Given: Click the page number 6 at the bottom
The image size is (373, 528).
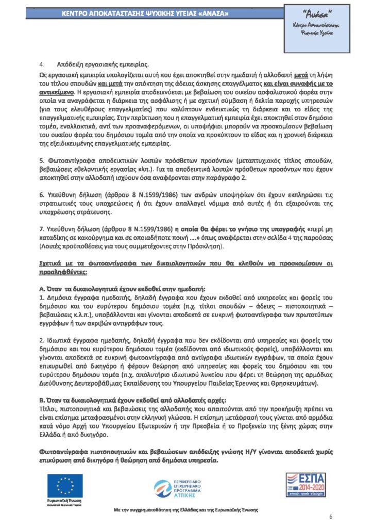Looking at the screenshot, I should (x=331, y=517).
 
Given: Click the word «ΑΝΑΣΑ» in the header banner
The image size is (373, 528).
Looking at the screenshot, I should (x=211, y=12).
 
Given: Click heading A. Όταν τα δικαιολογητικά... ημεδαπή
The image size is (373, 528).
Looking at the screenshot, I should (x=122, y=290).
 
